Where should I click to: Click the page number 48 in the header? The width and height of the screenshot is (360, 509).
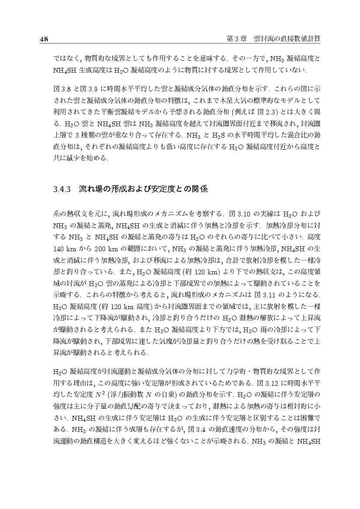click(44, 39)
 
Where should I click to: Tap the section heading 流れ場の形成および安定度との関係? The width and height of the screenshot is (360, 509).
click(143, 189)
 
